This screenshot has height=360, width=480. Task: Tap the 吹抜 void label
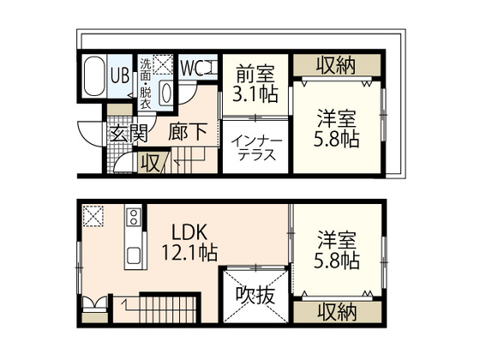(255, 297)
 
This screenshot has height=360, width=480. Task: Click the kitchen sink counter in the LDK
(133, 240)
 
